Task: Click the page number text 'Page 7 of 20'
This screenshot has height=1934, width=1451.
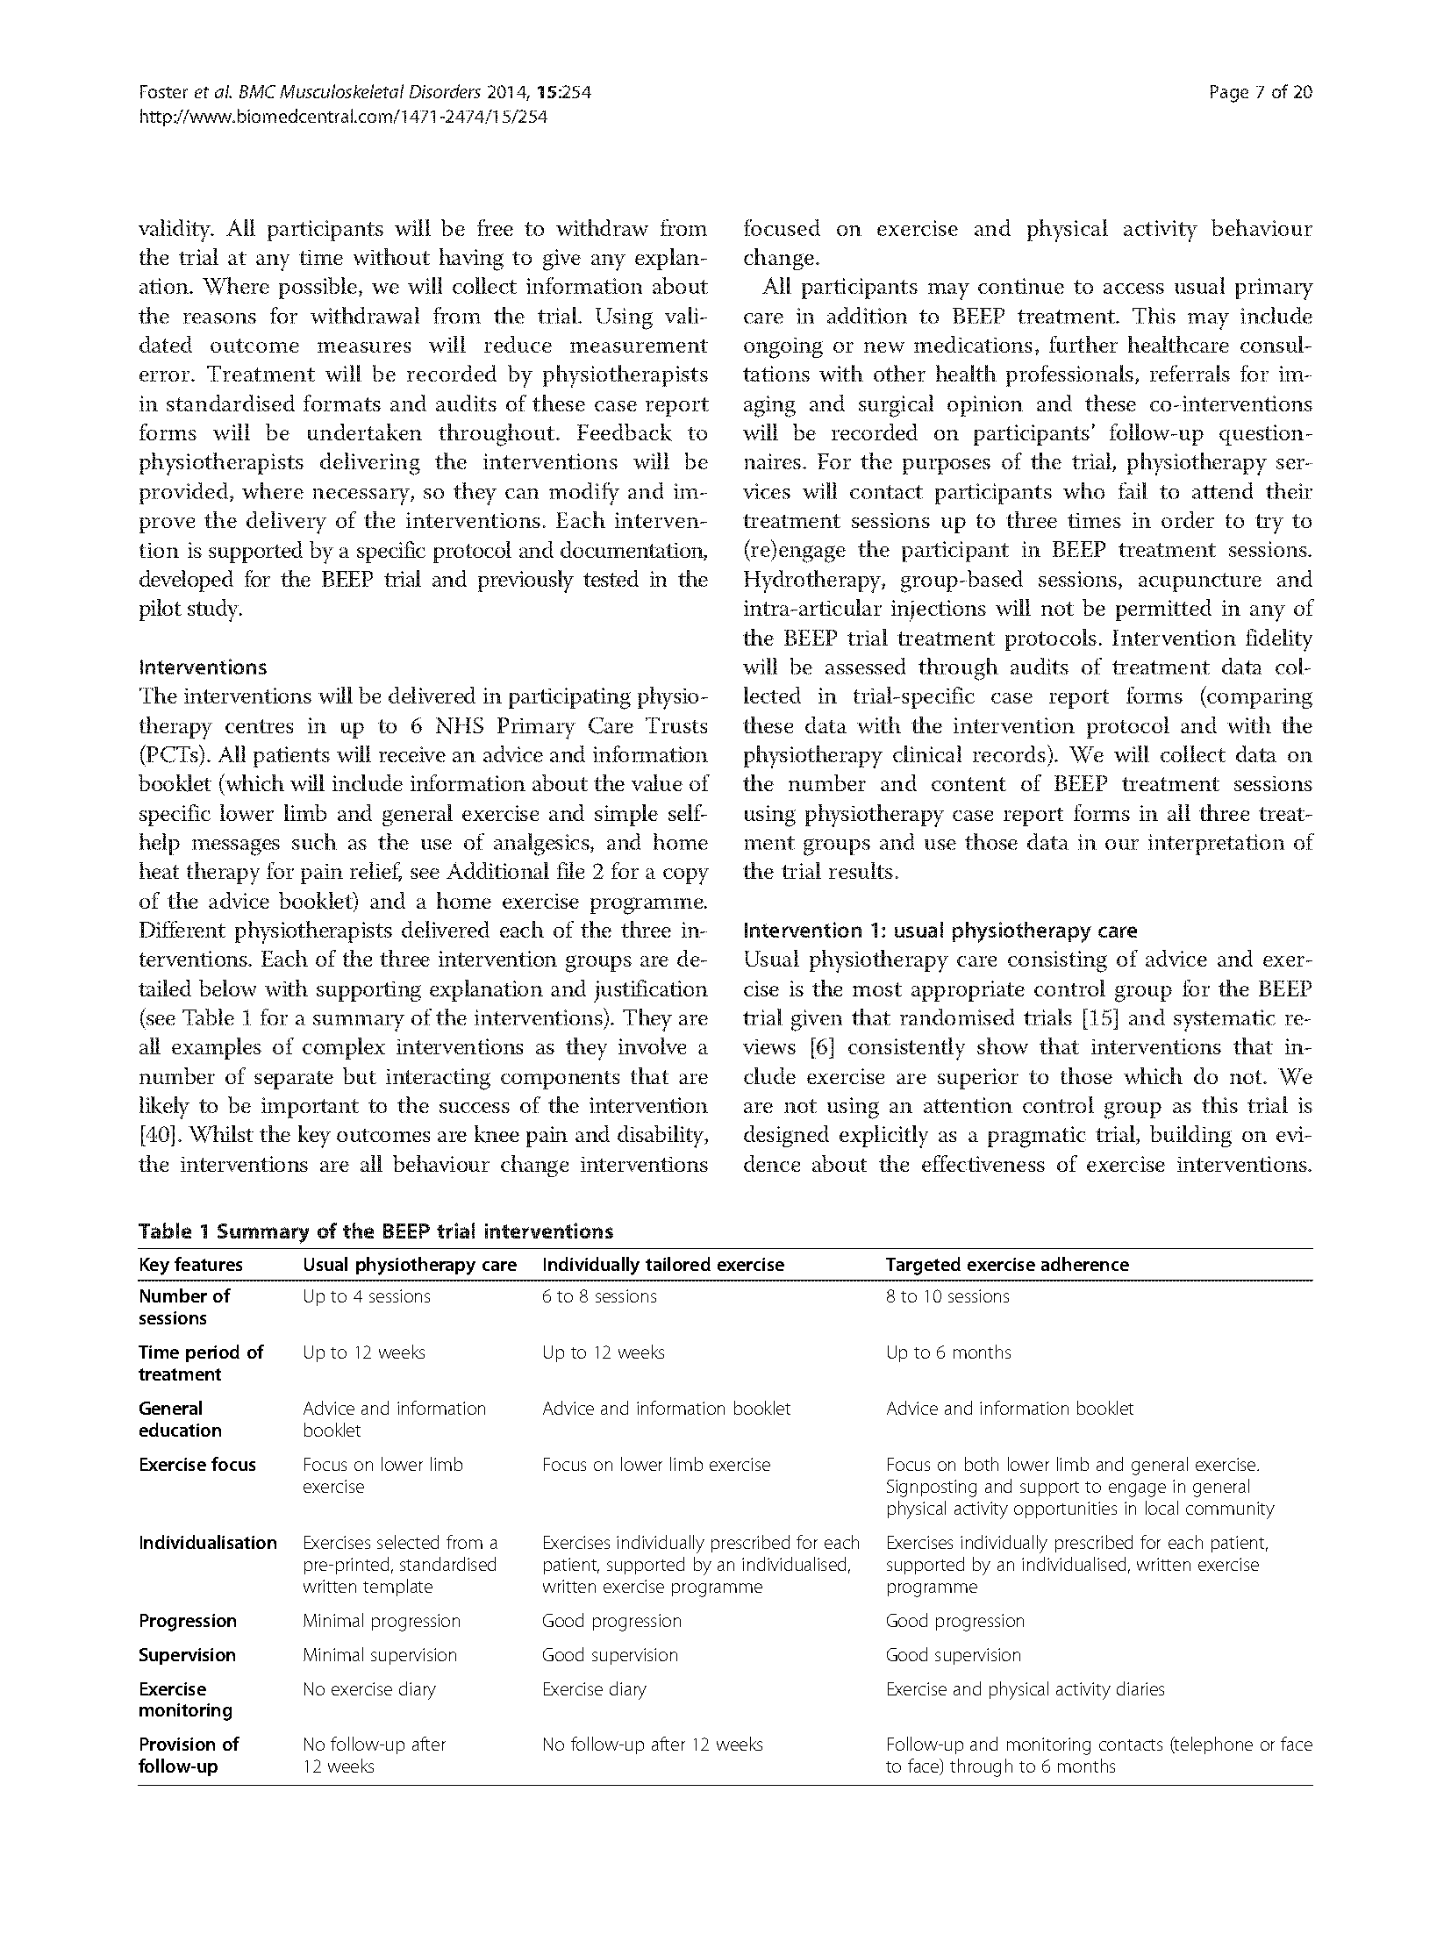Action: point(1260,92)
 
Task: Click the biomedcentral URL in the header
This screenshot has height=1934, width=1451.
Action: point(343,117)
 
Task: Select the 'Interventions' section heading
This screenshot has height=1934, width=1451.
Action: point(203,667)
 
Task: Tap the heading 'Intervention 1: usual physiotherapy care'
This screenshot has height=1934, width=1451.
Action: point(940,931)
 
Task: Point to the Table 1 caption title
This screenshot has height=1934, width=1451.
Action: point(375,1231)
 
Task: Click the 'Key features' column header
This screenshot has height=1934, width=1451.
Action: point(190,1265)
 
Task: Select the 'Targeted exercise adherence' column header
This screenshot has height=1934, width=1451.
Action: point(1007,1265)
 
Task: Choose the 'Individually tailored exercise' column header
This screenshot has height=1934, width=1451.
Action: point(663,1265)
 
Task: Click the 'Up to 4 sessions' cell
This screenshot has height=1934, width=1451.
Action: point(367,1296)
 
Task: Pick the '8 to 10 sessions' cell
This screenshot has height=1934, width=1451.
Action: point(947,1296)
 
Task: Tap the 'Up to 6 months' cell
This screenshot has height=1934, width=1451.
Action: point(948,1352)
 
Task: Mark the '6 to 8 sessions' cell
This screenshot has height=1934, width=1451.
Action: point(599,1296)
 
